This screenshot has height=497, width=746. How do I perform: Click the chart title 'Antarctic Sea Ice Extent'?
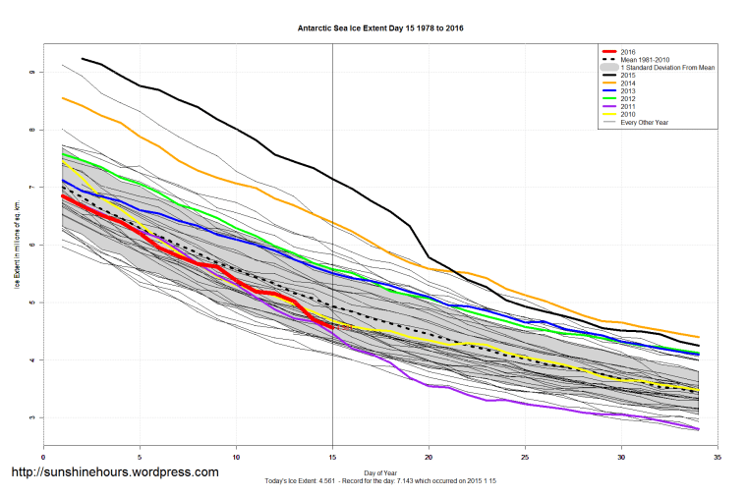(380, 28)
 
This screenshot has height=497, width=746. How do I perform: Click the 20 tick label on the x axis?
(430, 457)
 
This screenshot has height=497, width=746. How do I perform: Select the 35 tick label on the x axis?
(718, 457)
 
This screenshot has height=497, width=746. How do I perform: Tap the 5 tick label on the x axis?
(140, 457)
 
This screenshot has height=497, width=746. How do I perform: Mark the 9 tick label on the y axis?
(31, 73)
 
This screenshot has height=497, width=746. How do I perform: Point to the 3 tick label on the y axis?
(31, 418)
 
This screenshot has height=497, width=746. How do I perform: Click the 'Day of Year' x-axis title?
(380, 472)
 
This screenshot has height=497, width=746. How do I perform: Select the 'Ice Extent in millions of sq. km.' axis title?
(17, 246)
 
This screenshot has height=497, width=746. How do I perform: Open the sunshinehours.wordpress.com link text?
(114, 472)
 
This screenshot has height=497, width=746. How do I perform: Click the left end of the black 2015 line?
(82, 59)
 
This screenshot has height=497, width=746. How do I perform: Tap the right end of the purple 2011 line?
(699, 429)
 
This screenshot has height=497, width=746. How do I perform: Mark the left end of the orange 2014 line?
(63, 97)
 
